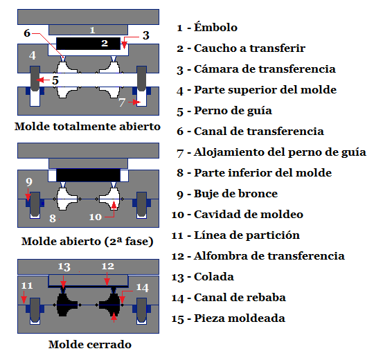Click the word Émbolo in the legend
click(215, 27)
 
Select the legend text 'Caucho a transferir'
click(249, 48)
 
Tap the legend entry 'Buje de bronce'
click(235, 194)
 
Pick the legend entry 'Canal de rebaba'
click(240, 298)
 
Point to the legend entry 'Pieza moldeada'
click(240, 318)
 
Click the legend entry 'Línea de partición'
click(247, 235)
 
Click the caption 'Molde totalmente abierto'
click(87, 127)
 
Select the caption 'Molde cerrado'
click(90, 345)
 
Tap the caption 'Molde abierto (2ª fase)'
click(87, 242)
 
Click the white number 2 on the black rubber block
click(105, 43)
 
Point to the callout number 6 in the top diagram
click(27, 33)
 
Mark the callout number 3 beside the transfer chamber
click(146, 35)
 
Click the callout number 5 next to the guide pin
click(55, 80)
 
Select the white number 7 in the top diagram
click(122, 102)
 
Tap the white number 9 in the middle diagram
click(29, 182)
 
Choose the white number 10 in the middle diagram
click(96, 217)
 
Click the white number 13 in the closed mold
click(64, 267)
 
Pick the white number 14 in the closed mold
click(143, 287)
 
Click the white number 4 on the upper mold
click(33, 55)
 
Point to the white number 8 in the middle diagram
click(53, 218)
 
